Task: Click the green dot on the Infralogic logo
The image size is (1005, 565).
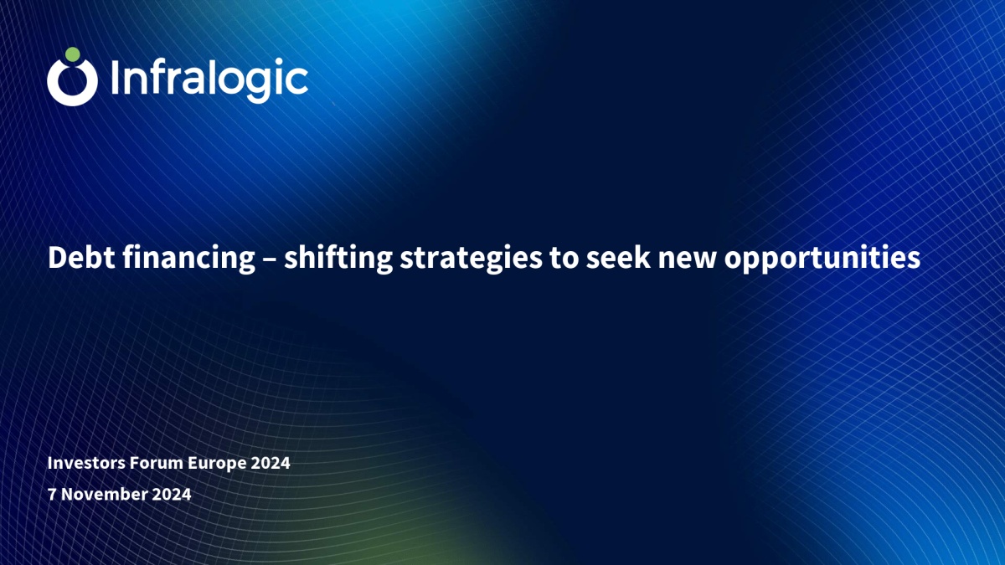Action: coord(73,54)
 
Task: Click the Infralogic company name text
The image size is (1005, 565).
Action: coord(209,80)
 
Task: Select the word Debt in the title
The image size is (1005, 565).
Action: coord(81,259)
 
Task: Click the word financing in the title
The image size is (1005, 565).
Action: coord(189,259)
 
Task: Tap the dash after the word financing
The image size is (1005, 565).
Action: coord(269,260)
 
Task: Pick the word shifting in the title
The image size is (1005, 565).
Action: coord(338,259)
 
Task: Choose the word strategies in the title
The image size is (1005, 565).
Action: coord(471,259)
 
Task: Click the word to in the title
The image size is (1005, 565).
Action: coord(564,259)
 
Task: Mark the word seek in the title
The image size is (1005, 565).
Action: coord(618,258)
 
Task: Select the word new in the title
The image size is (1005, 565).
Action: coord(687,261)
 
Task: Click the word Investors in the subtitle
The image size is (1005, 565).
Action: coord(86,463)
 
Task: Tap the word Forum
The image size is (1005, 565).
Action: coord(156,463)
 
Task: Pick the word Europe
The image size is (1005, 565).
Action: coord(217,464)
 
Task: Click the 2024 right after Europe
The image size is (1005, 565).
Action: coord(271,463)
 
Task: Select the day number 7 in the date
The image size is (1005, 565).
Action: coord(52,494)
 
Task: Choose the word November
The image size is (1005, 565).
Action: coord(104,494)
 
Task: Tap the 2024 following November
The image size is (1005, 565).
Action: coord(172,494)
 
